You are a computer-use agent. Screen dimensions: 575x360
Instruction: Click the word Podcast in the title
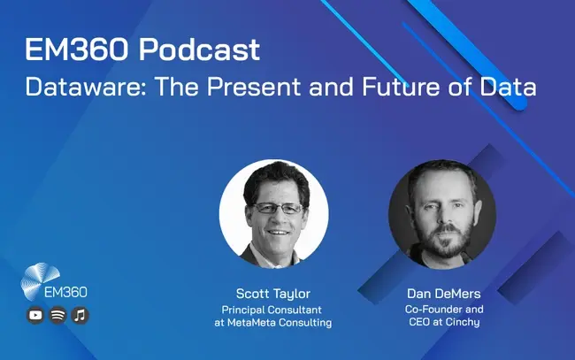click(199, 50)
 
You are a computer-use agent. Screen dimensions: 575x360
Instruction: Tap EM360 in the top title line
click(77, 50)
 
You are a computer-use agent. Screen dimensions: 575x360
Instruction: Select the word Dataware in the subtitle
click(86, 87)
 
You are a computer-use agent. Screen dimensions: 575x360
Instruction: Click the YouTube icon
click(35, 315)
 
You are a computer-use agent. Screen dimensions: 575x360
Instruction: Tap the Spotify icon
click(57, 315)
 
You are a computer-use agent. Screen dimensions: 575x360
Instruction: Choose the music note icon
click(80, 315)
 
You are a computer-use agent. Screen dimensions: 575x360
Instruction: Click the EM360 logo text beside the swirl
click(65, 292)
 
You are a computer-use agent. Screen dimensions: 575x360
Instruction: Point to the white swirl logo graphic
click(39, 279)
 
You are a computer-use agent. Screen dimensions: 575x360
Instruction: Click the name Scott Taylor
click(273, 294)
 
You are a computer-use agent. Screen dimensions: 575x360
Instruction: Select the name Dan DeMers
click(444, 294)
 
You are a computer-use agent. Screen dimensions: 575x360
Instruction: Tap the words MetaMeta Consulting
click(280, 323)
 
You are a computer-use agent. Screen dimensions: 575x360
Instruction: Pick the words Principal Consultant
click(272, 310)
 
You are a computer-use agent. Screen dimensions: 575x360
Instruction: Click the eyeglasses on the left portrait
click(279, 208)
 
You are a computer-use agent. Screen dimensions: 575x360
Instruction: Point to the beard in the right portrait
click(445, 240)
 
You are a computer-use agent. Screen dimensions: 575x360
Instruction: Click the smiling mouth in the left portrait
click(279, 233)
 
